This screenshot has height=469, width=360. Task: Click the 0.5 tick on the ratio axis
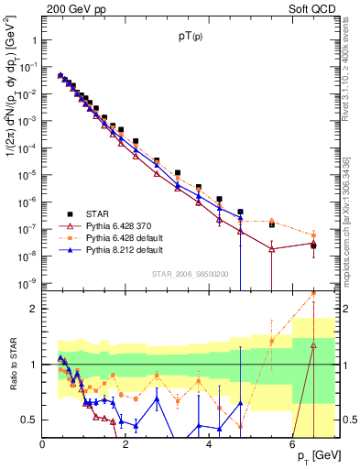pyautogui.click(x=30, y=420)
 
